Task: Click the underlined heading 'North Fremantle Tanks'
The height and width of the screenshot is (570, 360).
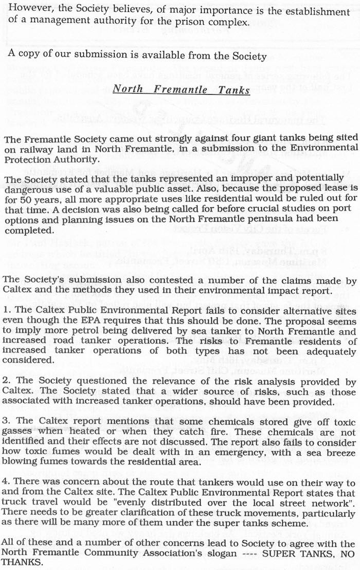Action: (x=181, y=89)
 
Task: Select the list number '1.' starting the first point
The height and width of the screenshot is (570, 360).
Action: (x=7, y=312)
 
